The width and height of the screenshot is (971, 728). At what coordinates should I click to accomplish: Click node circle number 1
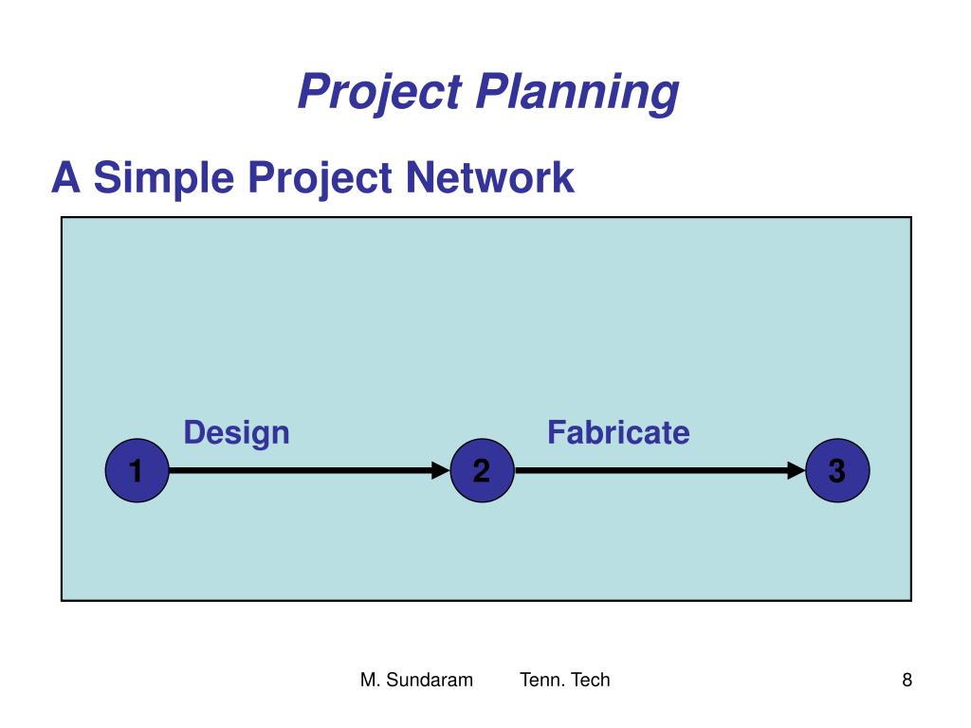coord(137,470)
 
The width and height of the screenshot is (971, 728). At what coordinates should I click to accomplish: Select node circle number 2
coord(483,470)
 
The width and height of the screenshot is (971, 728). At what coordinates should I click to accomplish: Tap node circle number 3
coord(836,470)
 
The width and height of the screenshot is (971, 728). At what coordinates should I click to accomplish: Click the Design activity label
coord(236,432)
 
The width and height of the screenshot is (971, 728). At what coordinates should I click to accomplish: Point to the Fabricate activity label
coord(618,432)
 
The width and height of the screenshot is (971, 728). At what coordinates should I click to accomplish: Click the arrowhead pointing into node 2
coord(440,470)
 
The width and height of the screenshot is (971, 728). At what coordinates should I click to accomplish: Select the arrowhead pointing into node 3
coord(796,470)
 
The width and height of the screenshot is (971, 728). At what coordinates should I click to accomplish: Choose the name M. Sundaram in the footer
coord(416,680)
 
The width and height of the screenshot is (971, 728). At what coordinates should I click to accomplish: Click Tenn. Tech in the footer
coord(565,680)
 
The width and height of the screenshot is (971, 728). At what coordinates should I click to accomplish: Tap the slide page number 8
coord(907,680)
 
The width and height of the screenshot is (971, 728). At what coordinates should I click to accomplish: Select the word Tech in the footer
coord(590,680)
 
